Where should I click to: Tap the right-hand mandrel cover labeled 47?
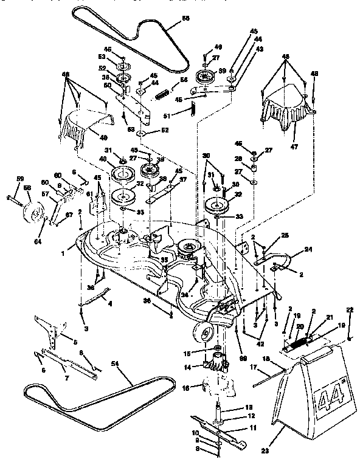(286, 106)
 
